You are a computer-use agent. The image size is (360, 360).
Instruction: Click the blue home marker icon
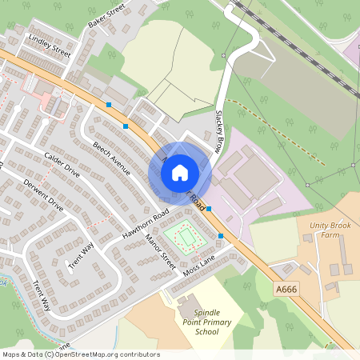(x=180, y=172)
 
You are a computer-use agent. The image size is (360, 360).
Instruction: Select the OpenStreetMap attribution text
(x=81, y=354)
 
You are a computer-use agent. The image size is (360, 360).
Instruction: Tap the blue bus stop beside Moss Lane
(x=222, y=236)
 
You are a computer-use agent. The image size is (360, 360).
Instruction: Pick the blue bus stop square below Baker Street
(x=109, y=105)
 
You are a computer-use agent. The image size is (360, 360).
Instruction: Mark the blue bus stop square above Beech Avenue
(x=126, y=126)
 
